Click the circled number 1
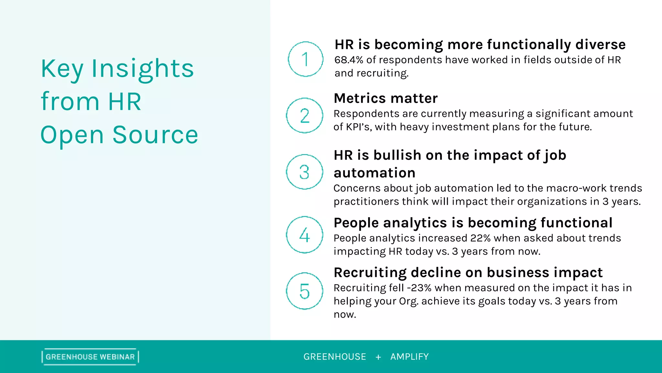tap(305, 59)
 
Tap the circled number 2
tap(304, 116)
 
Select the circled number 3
tap(304, 172)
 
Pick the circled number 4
tap(304, 235)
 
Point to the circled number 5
tap(304, 291)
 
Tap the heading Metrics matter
tap(386, 98)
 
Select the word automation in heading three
tap(374, 173)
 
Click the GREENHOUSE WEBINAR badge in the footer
tap(90, 357)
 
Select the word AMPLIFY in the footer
tap(409, 357)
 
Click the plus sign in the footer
tap(378, 357)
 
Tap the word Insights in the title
tap(143, 69)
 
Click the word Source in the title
tap(155, 135)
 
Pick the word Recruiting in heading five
tap(370, 272)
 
